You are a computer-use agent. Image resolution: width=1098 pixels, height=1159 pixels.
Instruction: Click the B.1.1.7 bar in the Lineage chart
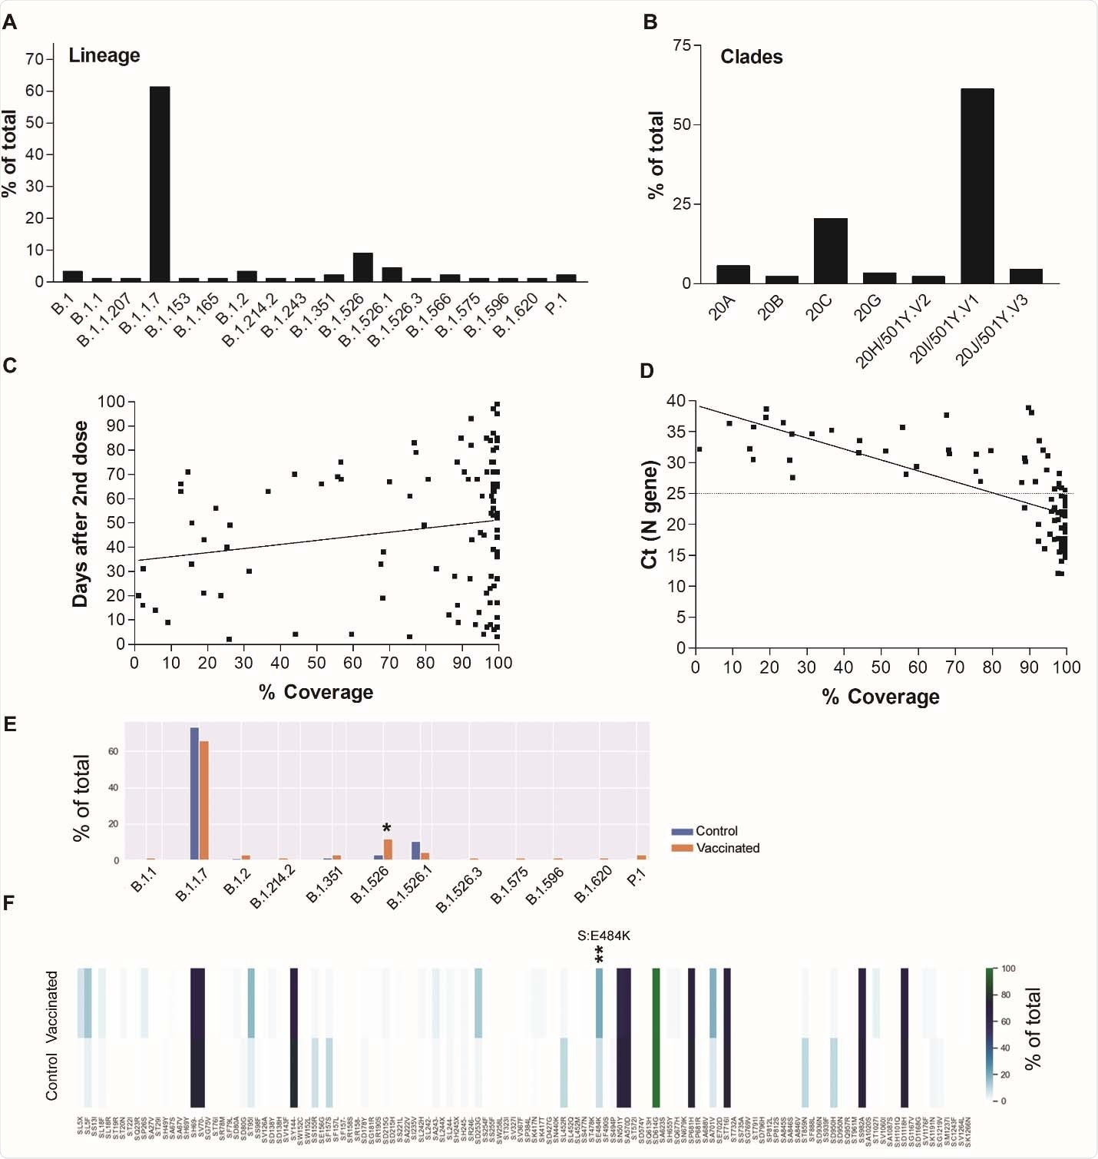click(x=160, y=184)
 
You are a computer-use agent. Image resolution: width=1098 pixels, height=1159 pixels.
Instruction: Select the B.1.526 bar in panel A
click(x=362, y=267)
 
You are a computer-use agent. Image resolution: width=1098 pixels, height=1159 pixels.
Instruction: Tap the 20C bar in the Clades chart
click(x=830, y=251)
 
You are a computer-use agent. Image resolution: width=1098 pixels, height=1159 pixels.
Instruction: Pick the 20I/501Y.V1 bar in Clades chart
click(x=977, y=186)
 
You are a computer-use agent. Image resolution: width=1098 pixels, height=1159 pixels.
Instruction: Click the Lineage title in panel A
click(x=104, y=55)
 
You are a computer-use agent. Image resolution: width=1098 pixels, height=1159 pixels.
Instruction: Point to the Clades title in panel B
click(x=751, y=57)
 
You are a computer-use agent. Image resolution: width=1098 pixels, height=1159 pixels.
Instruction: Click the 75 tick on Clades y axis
click(x=682, y=45)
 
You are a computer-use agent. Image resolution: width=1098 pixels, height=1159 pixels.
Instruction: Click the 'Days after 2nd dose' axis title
click(x=80, y=514)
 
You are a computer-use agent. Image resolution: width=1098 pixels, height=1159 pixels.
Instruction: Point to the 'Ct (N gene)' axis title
click(x=650, y=514)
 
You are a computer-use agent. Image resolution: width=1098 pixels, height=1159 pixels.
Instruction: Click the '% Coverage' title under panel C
click(x=316, y=692)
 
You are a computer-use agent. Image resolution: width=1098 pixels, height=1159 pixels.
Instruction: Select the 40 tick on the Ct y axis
click(x=676, y=401)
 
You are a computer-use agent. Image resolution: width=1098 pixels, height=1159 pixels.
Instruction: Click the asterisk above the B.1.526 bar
click(x=387, y=828)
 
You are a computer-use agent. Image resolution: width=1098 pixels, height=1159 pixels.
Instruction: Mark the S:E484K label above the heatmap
click(x=604, y=935)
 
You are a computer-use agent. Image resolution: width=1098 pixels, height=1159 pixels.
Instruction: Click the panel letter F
click(x=9, y=902)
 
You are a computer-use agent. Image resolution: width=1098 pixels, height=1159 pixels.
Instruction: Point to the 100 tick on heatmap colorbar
click(x=1008, y=969)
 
